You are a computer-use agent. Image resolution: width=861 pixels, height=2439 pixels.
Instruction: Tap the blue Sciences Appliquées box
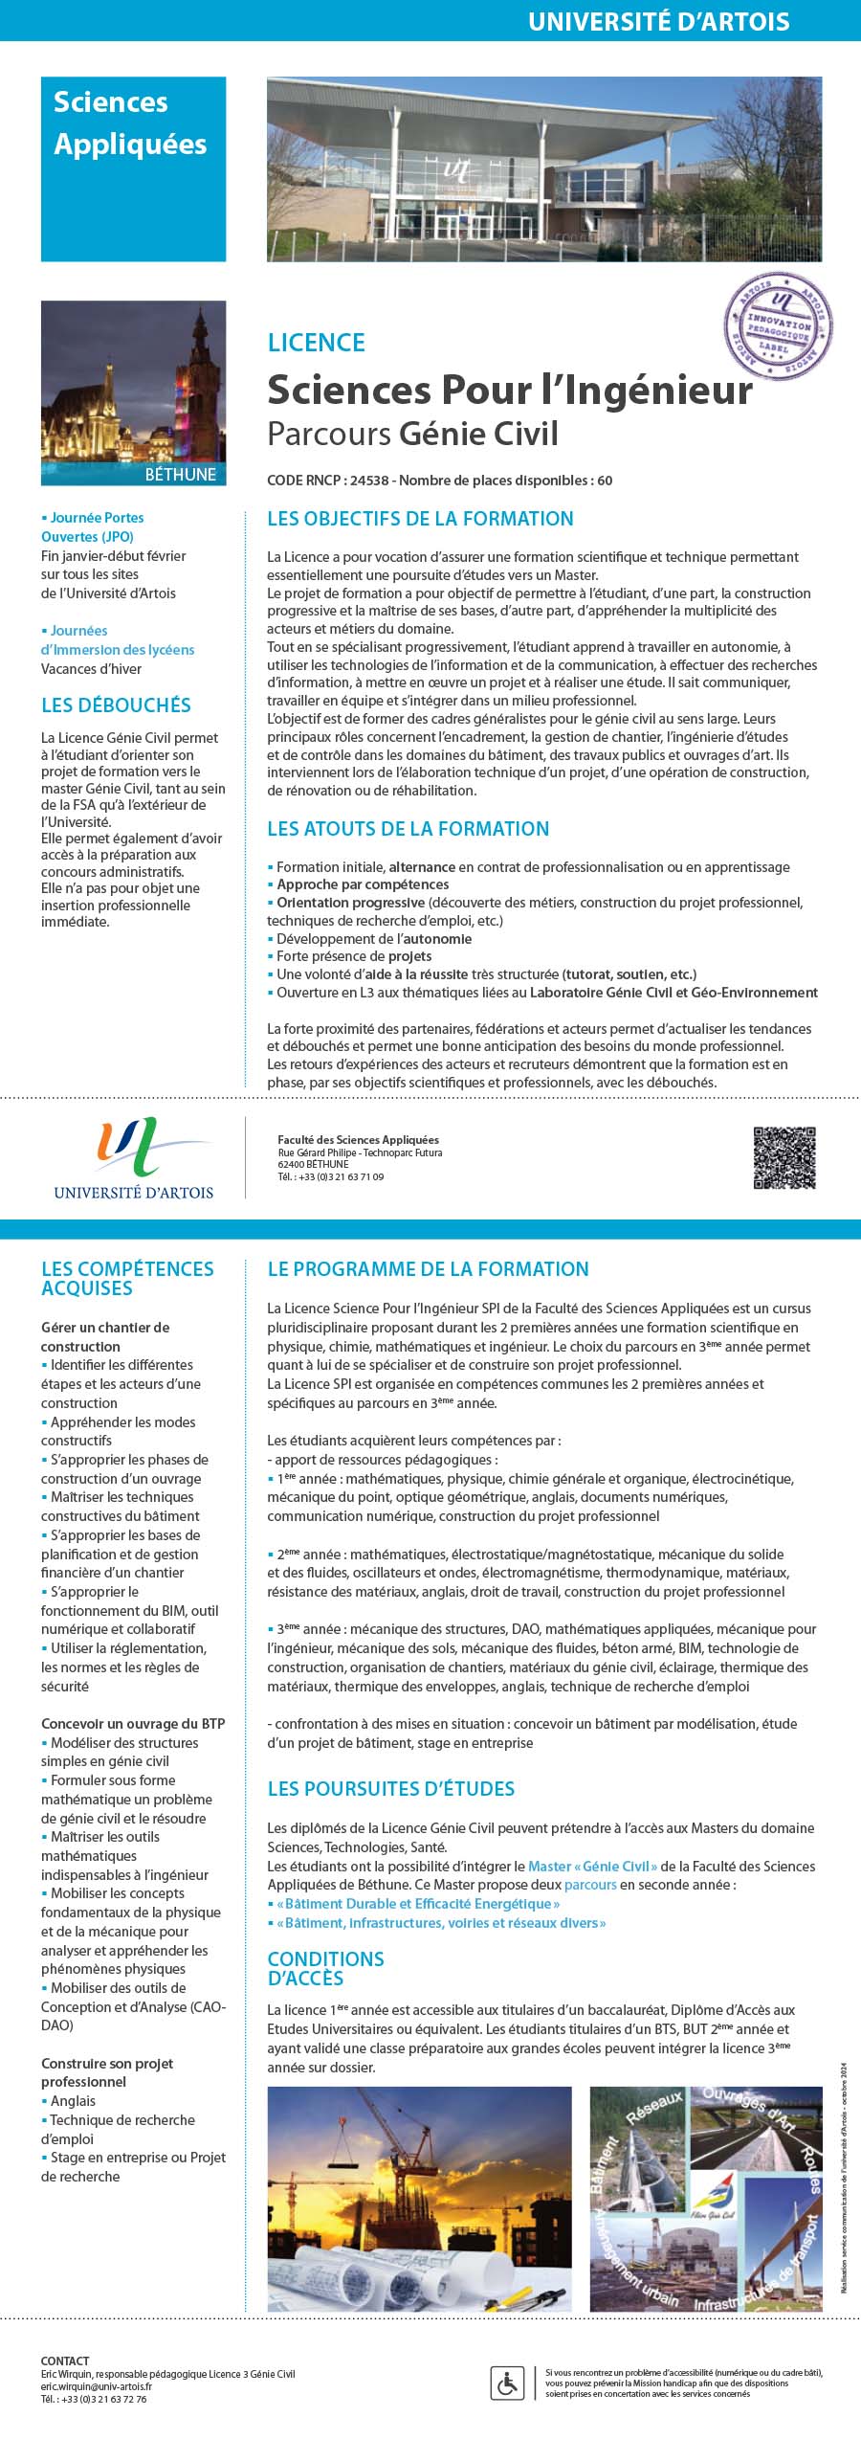133,168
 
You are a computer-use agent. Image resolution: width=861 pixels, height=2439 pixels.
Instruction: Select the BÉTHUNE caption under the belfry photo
181,475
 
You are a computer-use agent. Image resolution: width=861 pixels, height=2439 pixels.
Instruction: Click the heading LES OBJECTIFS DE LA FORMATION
420,519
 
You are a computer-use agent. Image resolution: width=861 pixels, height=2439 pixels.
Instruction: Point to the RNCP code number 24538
368,481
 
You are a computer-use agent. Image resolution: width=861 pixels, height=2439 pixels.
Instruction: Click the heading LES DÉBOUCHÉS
116,705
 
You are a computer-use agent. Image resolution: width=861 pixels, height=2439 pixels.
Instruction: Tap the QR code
784,1158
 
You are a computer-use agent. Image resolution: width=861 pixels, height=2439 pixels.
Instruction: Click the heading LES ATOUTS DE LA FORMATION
408,829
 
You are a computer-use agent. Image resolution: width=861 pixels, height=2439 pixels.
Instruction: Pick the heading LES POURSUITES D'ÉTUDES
390,1789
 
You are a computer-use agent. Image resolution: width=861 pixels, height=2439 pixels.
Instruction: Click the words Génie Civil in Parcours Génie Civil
478,434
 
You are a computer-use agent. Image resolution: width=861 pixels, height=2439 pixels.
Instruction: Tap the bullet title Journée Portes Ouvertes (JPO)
94,527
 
